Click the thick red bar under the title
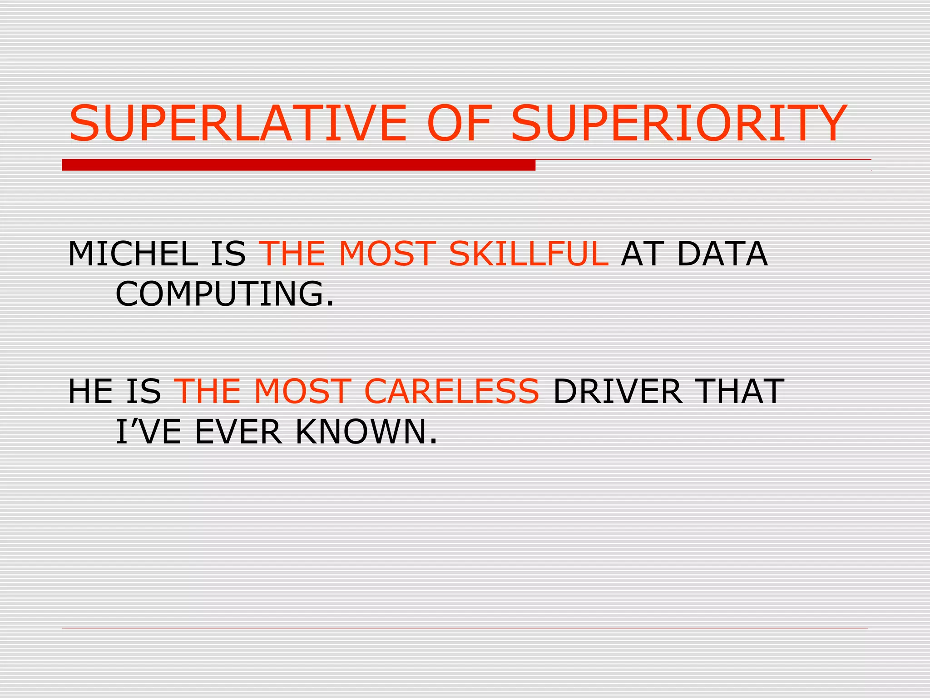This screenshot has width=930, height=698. coord(298,165)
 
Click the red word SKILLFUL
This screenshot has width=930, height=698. coord(528,254)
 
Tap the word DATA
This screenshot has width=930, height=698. coord(722,254)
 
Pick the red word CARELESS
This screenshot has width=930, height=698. coord(451,391)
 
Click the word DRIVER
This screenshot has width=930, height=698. coord(618,391)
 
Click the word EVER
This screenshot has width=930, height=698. coord(238,432)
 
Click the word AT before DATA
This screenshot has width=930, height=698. coord(642,254)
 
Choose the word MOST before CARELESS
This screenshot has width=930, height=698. coord(302,391)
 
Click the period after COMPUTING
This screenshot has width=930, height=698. coord(330,304)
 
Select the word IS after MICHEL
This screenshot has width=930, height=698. coord(228,254)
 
